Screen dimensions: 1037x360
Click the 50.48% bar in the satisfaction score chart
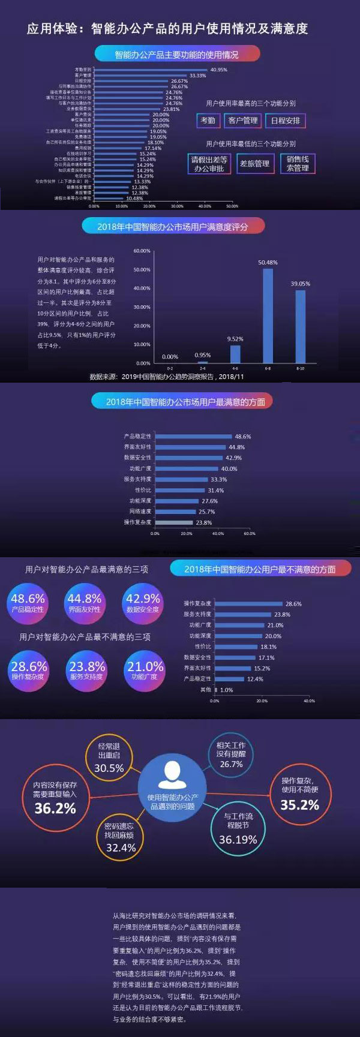(268, 315)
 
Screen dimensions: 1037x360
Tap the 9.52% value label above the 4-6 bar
(235, 339)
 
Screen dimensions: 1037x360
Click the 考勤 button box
(208, 121)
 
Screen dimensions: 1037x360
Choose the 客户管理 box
(242, 121)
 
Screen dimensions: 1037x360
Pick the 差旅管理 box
(255, 164)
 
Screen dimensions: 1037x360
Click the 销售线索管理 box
(298, 164)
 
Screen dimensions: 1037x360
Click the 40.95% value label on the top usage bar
(218, 70)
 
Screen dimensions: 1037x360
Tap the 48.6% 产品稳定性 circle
(28, 602)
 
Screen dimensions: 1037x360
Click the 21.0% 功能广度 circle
(145, 670)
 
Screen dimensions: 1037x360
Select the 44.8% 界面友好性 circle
(85, 602)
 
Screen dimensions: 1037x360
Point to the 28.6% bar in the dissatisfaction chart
(248, 603)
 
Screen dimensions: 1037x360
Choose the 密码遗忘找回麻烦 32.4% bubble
(121, 837)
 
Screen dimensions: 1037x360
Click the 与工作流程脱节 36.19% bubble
(238, 828)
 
